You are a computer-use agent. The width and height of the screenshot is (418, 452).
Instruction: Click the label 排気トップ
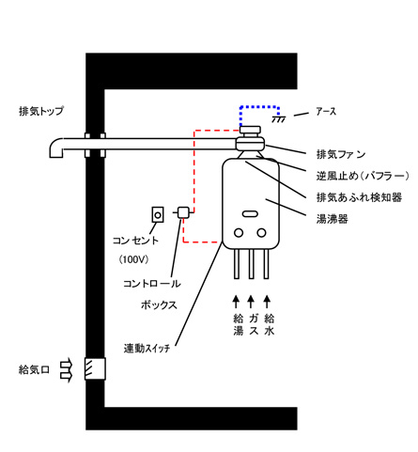click(x=41, y=111)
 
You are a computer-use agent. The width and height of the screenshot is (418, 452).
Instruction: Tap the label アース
click(x=326, y=112)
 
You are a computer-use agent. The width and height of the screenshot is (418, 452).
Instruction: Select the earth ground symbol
click(x=278, y=119)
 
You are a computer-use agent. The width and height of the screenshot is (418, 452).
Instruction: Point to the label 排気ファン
click(x=341, y=154)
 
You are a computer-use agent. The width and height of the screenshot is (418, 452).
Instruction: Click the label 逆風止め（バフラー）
click(x=363, y=176)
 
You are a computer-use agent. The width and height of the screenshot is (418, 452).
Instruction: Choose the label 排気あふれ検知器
click(x=359, y=197)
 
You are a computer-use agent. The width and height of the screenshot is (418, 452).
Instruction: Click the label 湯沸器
click(x=333, y=219)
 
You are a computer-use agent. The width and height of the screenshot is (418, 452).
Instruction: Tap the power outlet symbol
click(x=158, y=215)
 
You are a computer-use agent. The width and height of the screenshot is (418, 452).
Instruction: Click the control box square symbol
click(x=182, y=212)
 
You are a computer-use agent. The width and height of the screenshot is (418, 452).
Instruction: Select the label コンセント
click(x=135, y=241)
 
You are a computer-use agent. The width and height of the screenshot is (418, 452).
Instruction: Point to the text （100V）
click(x=133, y=259)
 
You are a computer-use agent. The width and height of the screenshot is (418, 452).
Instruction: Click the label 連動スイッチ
click(x=147, y=349)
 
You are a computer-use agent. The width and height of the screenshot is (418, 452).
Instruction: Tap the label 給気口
click(x=34, y=370)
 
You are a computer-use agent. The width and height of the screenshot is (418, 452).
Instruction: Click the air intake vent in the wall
click(x=95, y=369)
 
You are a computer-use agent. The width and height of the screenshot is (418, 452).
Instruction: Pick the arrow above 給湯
click(x=236, y=302)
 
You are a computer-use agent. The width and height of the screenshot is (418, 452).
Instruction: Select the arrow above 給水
click(x=267, y=302)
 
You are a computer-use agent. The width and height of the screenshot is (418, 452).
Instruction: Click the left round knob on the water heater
click(x=239, y=233)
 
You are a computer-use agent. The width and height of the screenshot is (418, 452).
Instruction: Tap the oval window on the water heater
click(x=250, y=214)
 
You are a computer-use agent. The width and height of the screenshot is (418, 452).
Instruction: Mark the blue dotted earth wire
click(x=259, y=107)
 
